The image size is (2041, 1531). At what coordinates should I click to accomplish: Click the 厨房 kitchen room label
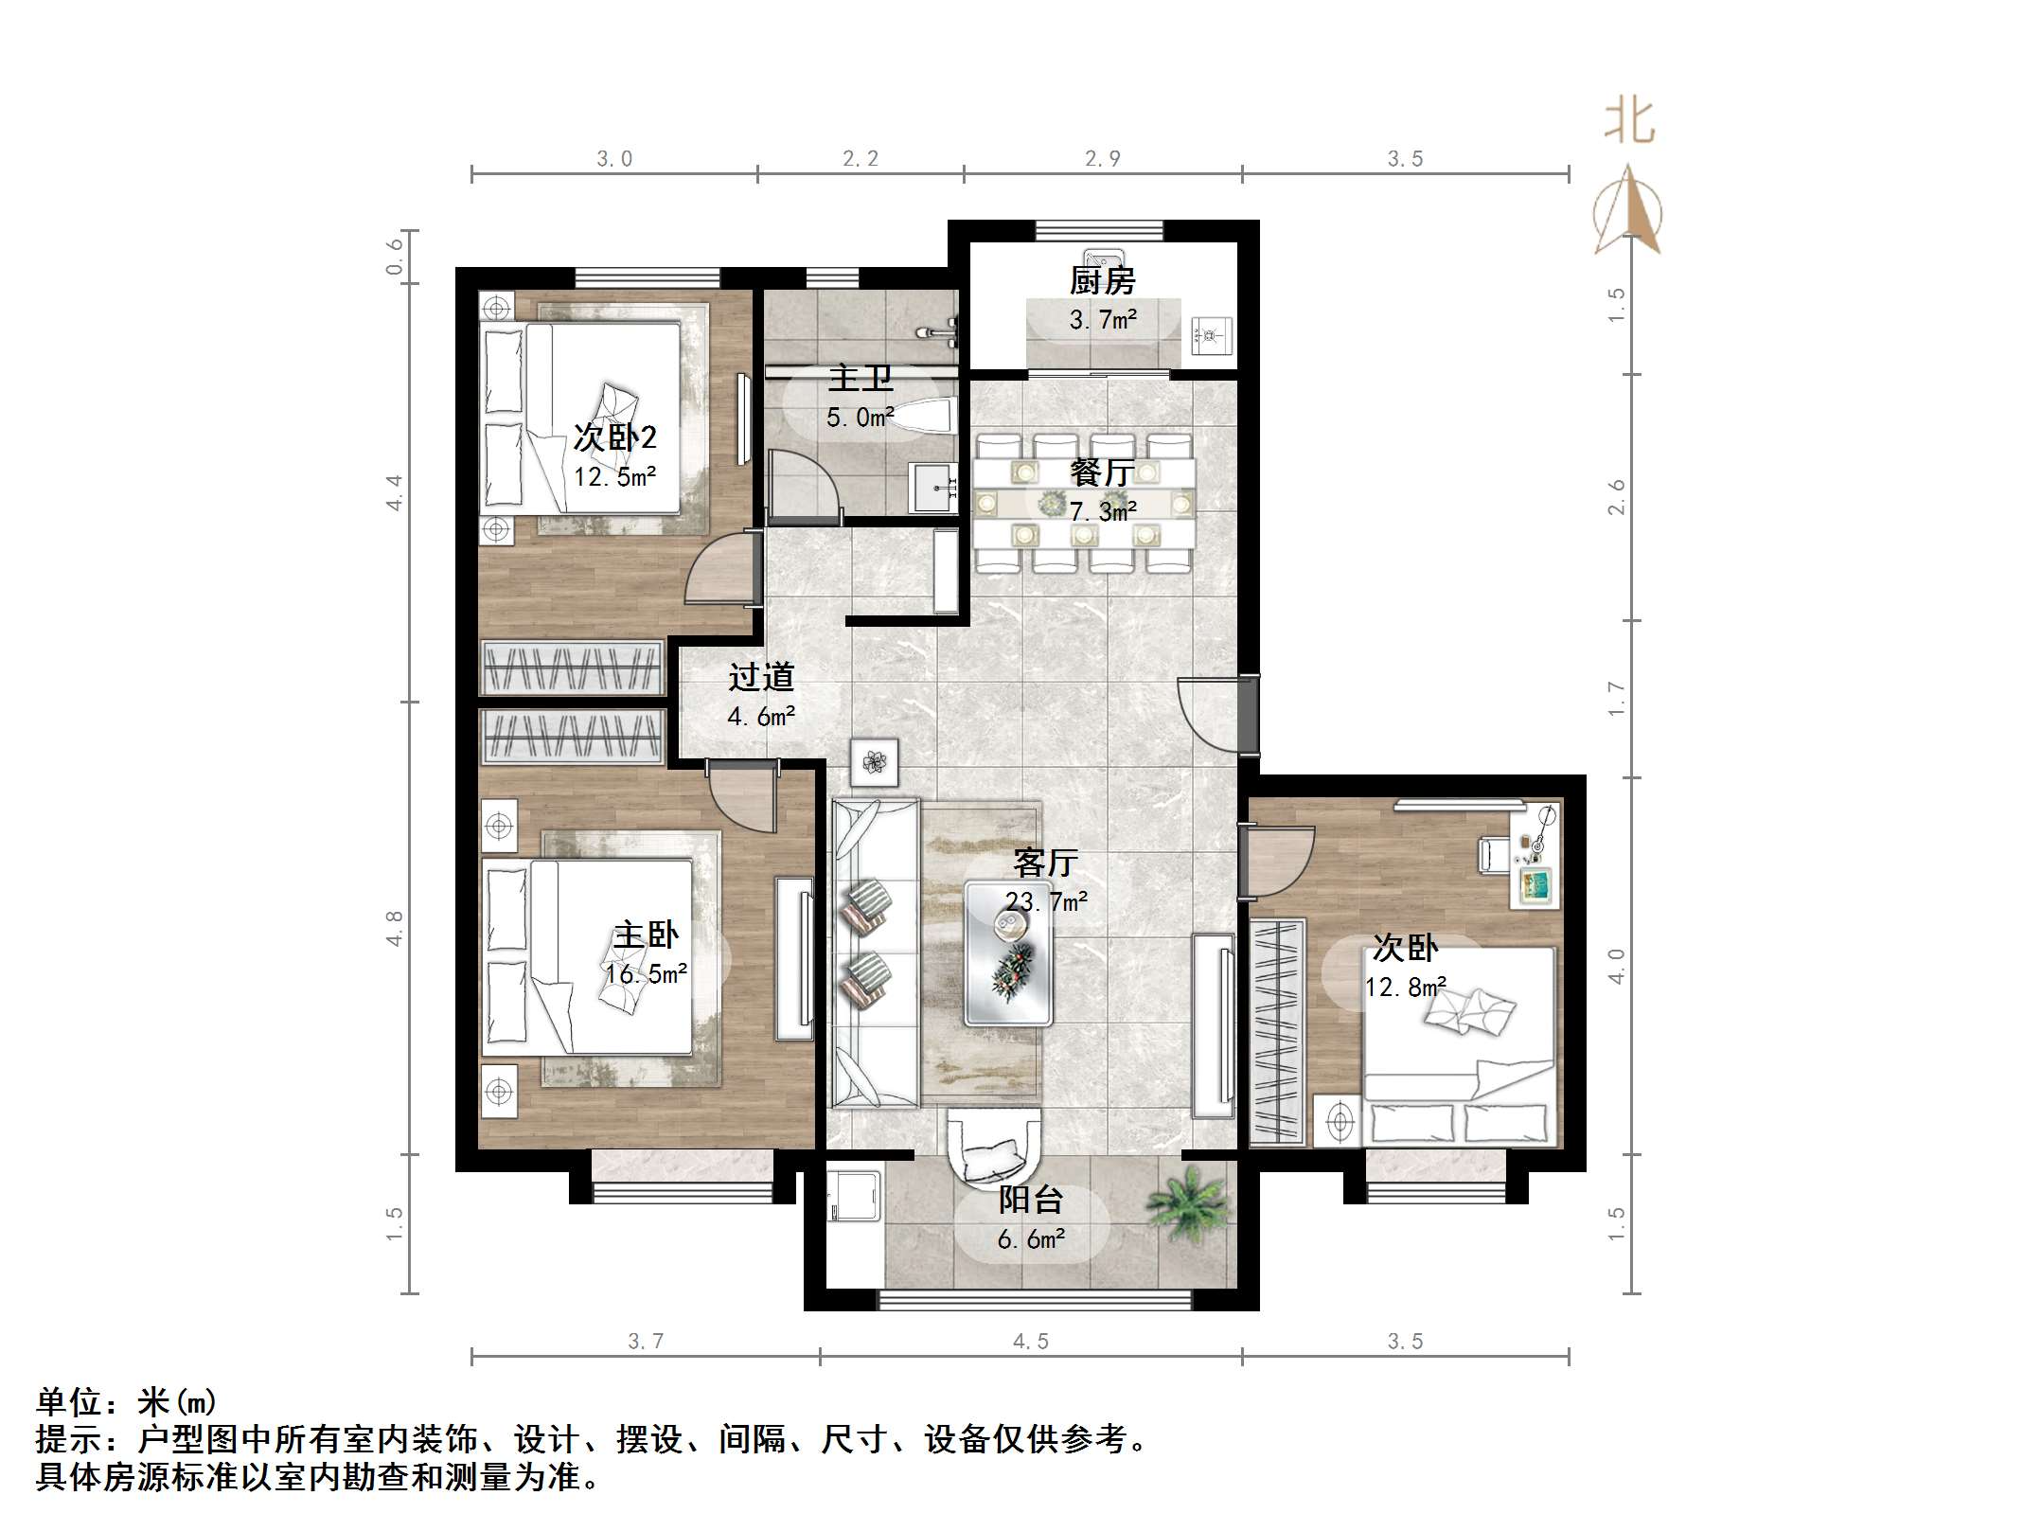[x=1102, y=280]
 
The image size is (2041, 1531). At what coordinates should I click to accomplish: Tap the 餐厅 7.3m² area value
[x=1103, y=511]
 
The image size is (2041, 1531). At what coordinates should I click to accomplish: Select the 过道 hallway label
[x=761, y=677]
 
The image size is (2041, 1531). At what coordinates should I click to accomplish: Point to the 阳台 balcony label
[x=1031, y=1200]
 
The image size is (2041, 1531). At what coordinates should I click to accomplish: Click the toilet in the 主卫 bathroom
[x=922, y=418]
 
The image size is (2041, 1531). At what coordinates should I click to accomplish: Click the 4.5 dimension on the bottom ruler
[x=1031, y=1342]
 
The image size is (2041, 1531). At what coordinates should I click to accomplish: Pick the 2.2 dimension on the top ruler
[x=861, y=159]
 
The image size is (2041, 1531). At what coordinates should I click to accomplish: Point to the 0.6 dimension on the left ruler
[x=394, y=257]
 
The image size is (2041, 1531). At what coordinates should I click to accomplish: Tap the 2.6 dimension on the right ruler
[x=1617, y=497]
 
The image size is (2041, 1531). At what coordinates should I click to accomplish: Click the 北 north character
[x=1629, y=122]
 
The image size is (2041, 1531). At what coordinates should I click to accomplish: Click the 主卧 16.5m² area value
[x=647, y=974]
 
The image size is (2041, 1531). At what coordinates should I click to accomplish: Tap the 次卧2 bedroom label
[x=614, y=437]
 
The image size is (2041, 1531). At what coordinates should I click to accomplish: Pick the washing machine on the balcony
[x=853, y=1198]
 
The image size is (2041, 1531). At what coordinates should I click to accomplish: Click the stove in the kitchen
[x=1209, y=334]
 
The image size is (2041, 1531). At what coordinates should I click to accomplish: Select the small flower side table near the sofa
[x=875, y=762]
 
